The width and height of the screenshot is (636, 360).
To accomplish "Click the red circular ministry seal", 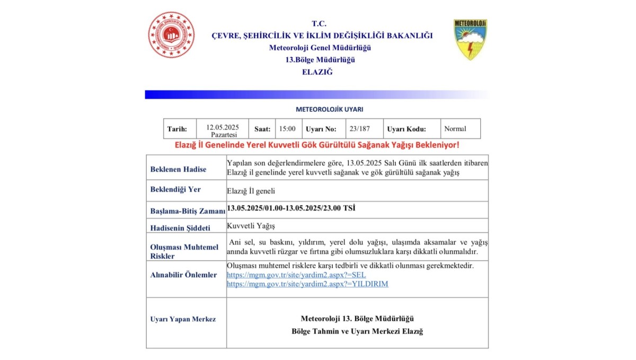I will coord(171,34).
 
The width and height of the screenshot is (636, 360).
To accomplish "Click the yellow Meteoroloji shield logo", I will coord(470,39).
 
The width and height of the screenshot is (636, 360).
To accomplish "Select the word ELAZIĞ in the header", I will coord(317,72).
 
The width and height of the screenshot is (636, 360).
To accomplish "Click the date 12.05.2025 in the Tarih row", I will coord(223,127).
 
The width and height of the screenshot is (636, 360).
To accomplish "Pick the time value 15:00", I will coord(287,129).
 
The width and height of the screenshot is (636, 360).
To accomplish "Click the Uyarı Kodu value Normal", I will coord(455,129).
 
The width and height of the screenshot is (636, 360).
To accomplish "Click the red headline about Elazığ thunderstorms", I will coord(317,145).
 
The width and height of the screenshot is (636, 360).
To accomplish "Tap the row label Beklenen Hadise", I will coord(178,170).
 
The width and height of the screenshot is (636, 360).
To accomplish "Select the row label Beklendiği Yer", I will coord(175,189).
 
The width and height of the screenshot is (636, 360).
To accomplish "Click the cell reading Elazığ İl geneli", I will coord(250,191).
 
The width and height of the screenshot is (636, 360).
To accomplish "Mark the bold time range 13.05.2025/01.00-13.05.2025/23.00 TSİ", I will coord(291,208).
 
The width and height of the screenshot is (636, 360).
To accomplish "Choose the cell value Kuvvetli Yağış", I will coord(251,226).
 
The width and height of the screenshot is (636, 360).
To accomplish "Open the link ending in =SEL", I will coord(296,275).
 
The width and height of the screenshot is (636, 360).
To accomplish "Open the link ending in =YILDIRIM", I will coord(307,284).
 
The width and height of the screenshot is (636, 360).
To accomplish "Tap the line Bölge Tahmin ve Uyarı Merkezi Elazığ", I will coord(357,331).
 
